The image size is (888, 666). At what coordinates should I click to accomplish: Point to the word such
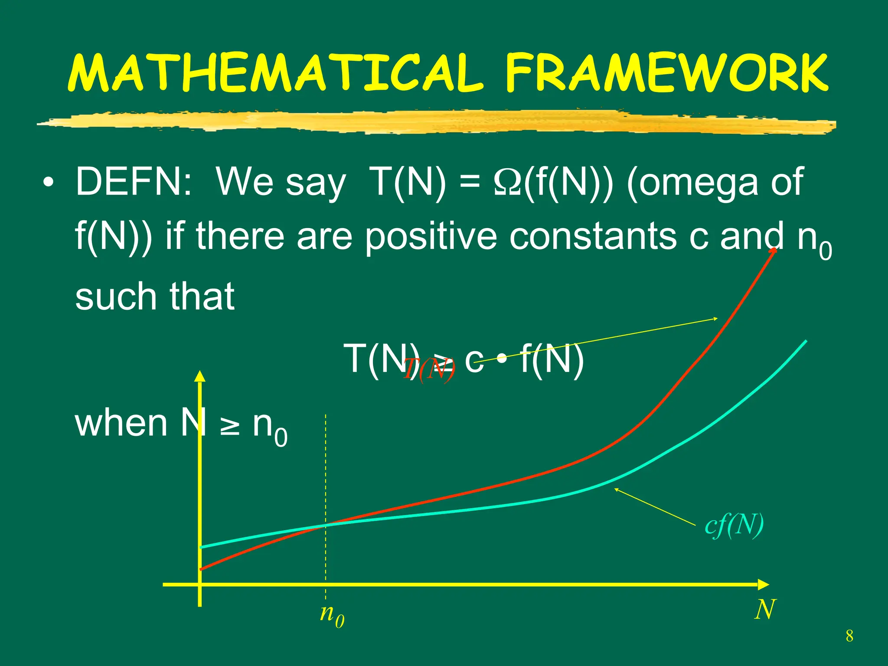pos(115,297)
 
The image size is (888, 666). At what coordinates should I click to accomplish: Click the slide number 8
pos(849,636)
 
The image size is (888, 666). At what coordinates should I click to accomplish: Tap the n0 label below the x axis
pos(332,615)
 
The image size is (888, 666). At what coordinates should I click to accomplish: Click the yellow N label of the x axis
pos(765,610)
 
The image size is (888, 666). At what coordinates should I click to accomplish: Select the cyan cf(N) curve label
pos(734,526)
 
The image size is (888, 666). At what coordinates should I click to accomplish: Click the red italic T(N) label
pos(429,370)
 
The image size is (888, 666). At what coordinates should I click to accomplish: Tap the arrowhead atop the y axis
pos(200,375)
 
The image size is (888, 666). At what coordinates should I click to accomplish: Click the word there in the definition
pos(240,237)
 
